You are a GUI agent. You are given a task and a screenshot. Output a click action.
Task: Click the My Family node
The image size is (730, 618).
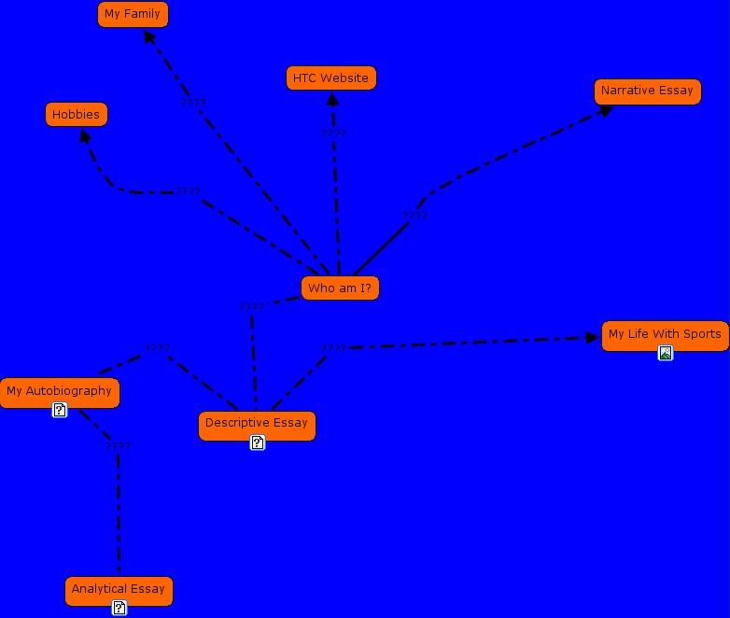(133, 14)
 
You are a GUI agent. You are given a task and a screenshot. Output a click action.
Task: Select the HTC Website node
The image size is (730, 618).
(330, 78)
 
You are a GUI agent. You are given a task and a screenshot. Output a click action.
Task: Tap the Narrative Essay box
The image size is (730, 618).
(647, 91)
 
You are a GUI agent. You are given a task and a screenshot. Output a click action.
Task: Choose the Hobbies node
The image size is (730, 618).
(77, 115)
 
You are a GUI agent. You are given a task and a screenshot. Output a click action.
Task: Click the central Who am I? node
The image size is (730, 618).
(340, 288)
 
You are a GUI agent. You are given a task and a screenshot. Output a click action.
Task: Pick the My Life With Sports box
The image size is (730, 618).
(665, 334)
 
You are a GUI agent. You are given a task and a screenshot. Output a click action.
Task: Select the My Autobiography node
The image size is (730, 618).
(59, 391)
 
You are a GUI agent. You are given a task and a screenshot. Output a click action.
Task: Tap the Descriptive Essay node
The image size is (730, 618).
(257, 423)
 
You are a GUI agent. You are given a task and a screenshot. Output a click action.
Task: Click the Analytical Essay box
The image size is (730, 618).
(119, 589)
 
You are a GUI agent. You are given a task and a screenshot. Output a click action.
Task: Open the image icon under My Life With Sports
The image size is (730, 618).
(666, 353)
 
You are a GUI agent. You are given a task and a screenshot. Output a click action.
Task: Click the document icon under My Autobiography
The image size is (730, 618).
(60, 410)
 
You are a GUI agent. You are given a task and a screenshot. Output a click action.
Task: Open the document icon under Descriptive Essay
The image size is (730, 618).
(258, 442)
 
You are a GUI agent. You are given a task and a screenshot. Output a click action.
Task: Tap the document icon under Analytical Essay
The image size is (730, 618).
(119, 608)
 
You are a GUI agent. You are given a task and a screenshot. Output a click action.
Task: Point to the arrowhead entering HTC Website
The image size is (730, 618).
(332, 99)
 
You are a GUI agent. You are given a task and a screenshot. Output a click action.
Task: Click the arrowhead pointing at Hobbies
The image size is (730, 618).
(85, 136)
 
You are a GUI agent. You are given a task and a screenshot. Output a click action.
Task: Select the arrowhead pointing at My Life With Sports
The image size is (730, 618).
(592, 337)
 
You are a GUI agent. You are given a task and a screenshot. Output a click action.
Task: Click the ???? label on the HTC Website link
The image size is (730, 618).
(333, 133)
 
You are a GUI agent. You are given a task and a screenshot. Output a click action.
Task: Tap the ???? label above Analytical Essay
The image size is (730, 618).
(118, 446)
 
